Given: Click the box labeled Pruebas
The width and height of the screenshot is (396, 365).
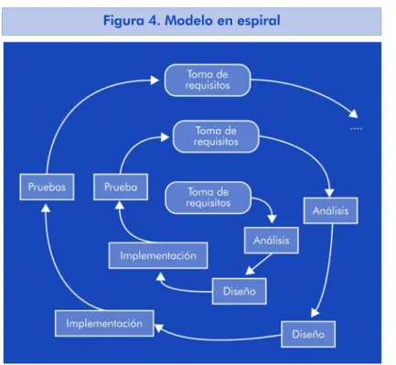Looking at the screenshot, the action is click(x=47, y=187).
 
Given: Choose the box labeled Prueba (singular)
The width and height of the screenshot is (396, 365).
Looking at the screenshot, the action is click(x=121, y=187).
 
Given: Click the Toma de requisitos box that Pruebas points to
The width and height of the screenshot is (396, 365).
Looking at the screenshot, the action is click(x=208, y=81).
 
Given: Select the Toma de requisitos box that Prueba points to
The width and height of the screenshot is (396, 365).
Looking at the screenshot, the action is click(x=216, y=136).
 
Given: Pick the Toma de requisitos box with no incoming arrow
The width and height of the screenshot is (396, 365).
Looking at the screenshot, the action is click(x=209, y=198).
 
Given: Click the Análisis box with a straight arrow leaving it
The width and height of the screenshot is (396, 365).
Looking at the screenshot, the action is click(x=272, y=241).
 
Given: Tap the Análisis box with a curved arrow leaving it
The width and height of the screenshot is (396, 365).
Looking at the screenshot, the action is click(x=331, y=210).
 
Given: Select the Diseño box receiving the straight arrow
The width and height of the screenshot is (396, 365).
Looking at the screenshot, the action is click(x=240, y=291).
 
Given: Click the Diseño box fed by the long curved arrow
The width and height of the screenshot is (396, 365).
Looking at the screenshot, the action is click(x=308, y=334).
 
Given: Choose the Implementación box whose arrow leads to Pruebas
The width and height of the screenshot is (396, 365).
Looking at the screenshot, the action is click(x=104, y=324).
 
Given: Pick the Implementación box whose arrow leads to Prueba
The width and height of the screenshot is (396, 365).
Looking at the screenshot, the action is click(x=158, y=255).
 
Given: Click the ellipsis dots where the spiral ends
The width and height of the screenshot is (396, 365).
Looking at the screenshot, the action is click(x=356, y=129).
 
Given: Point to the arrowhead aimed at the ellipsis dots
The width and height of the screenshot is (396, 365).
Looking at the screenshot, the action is click(x=354, y=113).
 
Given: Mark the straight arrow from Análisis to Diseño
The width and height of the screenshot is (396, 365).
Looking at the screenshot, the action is click(x=258, y=264).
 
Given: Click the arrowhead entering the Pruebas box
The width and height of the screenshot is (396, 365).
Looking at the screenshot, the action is click(x=46, y=208).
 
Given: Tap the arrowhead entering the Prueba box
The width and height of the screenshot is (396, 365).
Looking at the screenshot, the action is click(x=120, y=205).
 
